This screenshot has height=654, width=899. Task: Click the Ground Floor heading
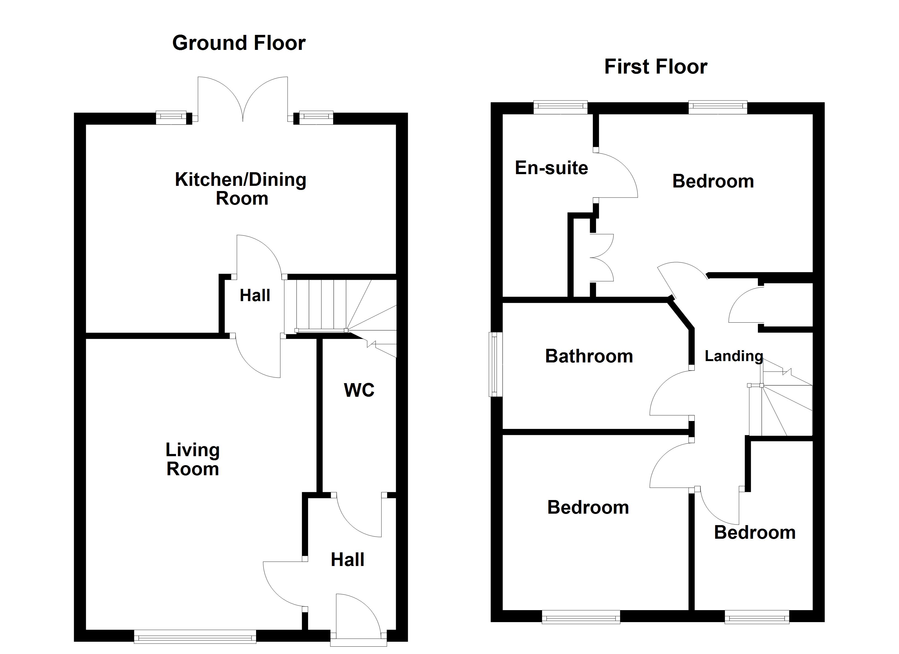click(x=239, y=43)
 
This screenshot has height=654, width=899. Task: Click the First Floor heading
click(x=656, y=67)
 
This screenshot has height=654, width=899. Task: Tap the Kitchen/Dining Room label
click(x=241, y=189)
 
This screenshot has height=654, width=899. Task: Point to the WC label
click(x=359, y=390)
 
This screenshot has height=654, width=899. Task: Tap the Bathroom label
click(x=589, y=356)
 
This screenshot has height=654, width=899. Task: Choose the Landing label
click(x=734, y=356)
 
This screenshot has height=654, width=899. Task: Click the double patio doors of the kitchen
click(x=242, y=99)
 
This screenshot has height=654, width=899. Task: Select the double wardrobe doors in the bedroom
click(x=602, y=258)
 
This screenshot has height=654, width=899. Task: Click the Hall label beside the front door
click(x=347, y=560)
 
